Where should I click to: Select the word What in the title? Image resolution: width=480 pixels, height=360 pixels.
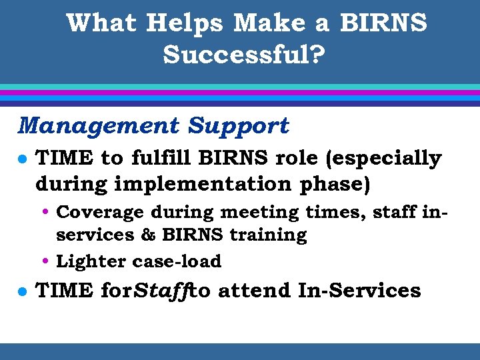click(x=102, y=23)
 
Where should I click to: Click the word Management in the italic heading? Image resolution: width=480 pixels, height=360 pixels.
click(x=99, y=125)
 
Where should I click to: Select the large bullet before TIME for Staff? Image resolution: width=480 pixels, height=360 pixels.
click(x=22, y=291)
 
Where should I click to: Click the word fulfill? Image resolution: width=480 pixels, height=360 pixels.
click(x=159, y=159)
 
